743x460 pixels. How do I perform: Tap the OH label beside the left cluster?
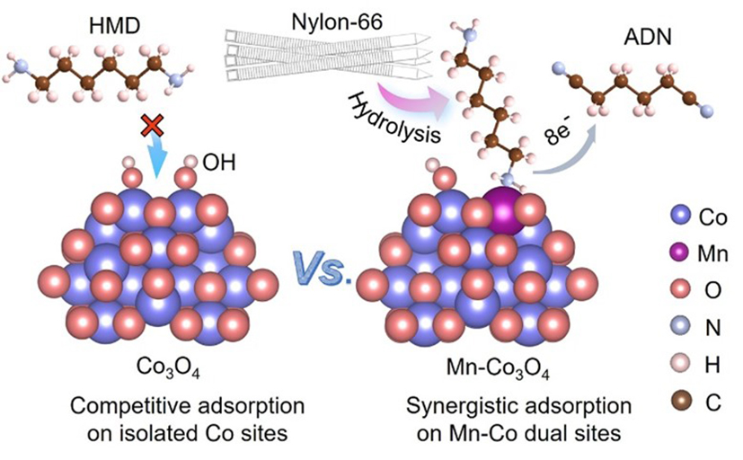218,164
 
